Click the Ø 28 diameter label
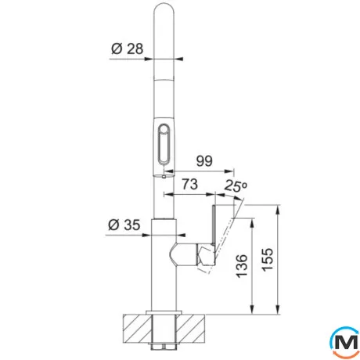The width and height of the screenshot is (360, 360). [x=128, y=49]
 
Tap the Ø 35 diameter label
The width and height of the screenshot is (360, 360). [x=124, y=225]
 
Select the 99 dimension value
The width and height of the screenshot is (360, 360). [x=204, y=161]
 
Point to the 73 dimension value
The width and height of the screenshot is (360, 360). [x=190, y=184]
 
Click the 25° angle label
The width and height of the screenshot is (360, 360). [x=236, y=185]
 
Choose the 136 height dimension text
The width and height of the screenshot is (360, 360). [x=241, y=266]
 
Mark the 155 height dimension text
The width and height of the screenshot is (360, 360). [x=268, y=260]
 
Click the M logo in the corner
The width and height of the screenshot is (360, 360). [x=345, y=343]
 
